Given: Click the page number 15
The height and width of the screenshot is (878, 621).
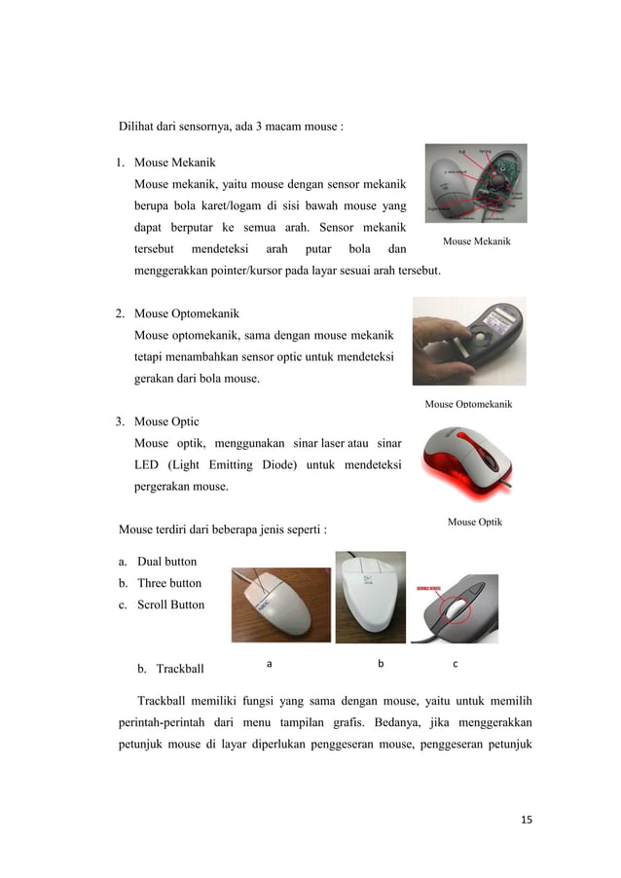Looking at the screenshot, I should (x=526, y=820).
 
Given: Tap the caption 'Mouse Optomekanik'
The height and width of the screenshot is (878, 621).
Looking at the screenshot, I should (x=468, y=404).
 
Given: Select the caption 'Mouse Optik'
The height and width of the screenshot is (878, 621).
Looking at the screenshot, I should (x=475, y=523).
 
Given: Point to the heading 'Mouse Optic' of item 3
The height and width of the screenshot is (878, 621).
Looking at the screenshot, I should (x=166, y=421).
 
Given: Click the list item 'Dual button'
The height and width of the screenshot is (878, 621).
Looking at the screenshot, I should (x=166, y=562).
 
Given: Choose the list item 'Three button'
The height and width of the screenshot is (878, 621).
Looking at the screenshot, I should (x=169, y=583).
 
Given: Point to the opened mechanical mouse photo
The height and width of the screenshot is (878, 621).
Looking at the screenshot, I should (x=476, y=183).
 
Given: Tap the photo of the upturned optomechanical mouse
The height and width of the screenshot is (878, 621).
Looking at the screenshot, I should (x=469, y=341).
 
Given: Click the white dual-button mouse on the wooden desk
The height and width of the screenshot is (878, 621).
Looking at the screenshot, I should (x=280, y=604).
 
